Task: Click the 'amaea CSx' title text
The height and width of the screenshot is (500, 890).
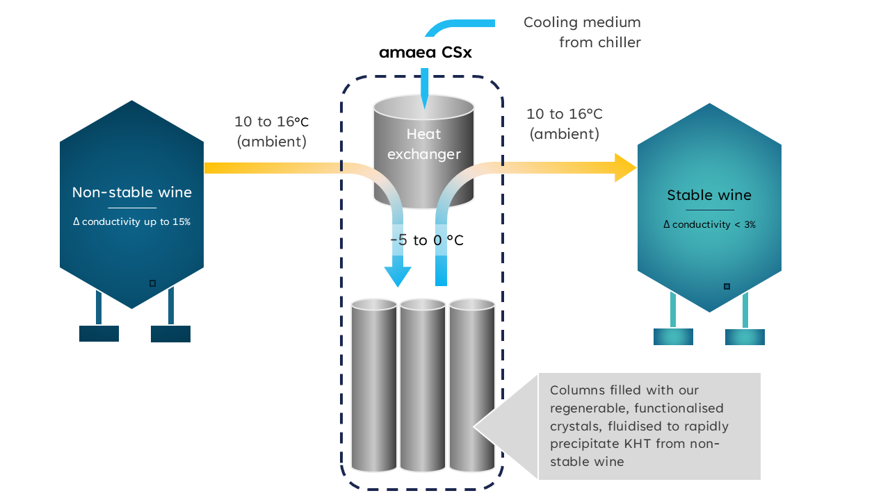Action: tap(425, 53)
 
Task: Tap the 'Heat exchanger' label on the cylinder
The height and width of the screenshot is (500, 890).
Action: tap(423, 144)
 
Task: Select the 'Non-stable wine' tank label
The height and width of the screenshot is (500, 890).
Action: tap(132, 192)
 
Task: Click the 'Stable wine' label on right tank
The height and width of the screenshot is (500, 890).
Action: tap(709, 195)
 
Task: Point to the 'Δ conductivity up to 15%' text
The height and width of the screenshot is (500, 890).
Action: tap(132, 222)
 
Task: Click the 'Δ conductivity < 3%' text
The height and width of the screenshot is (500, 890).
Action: tap(709, 224)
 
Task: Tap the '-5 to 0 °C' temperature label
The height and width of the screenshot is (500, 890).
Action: tap(426, 240)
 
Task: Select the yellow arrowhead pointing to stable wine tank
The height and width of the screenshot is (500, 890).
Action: tap(625, 167)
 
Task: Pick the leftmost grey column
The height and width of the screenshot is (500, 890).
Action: tap(374, 385)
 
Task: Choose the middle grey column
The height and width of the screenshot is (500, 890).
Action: tap(423, 385)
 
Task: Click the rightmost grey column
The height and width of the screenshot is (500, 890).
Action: tap(471, 385)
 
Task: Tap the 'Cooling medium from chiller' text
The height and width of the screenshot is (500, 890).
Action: tap(582, 32)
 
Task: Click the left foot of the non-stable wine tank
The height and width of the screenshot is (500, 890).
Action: tap(99, 333)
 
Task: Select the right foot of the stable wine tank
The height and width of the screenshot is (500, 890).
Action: tap(745, 337)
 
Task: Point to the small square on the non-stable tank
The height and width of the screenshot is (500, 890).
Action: tap(152, 283)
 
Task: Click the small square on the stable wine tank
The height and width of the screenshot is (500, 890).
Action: tap(727, 286)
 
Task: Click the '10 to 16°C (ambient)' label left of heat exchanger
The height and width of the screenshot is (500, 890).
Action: tap(271, 131)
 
